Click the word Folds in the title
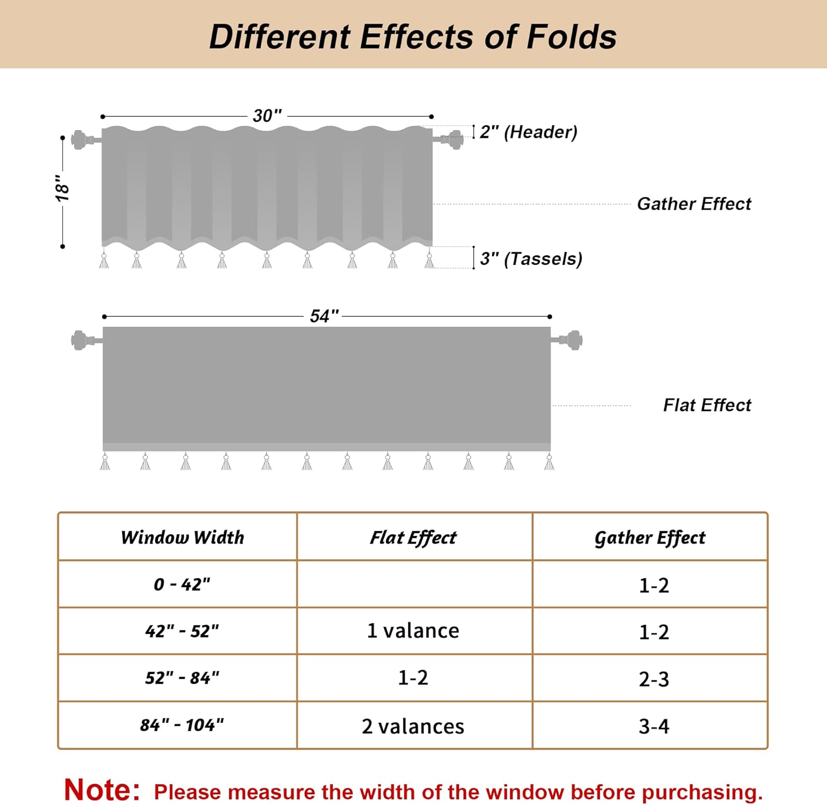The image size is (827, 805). point(571,37)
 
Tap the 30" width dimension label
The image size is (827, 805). point(267,116)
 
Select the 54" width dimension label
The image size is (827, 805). point(324,316)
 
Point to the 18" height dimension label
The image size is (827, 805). point(62,188)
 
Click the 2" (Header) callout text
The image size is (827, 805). point(528,132)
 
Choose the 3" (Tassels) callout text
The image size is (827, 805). point(531,258)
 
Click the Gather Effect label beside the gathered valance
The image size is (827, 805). point(694,204)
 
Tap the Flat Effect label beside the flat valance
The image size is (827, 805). point(707,406)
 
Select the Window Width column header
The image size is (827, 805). point(182,537)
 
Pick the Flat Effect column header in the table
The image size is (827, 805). point(413,537)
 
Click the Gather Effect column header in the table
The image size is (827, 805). point(649,537)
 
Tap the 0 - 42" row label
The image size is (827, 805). point(182,584)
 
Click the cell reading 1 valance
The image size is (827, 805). point(413,631)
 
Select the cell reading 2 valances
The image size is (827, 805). point(413,726)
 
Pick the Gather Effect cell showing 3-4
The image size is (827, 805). point(654,726)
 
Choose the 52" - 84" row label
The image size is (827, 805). point(182,678)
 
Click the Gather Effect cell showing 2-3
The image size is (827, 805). point(654,679)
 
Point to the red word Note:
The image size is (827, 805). point(102,790)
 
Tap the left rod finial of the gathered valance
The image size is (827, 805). point(79,139)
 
